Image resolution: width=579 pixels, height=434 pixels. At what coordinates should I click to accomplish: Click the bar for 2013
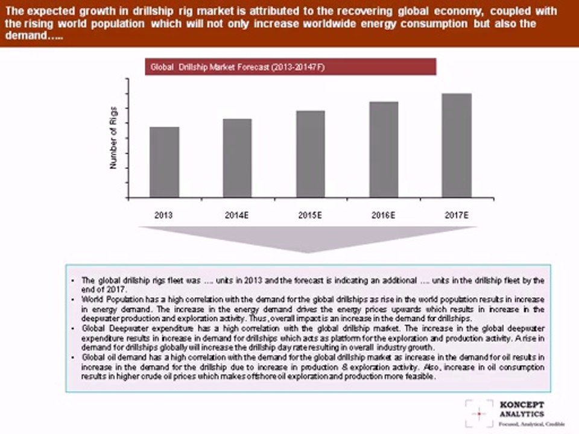164,162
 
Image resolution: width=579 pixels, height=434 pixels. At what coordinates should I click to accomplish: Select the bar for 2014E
237,158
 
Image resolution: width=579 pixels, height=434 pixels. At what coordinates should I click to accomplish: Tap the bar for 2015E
311,154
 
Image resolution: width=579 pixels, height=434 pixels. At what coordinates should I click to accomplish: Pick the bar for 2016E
384,149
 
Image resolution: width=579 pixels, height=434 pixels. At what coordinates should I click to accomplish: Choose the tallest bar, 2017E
457,145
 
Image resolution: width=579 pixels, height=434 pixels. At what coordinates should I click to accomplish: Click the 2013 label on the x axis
164,215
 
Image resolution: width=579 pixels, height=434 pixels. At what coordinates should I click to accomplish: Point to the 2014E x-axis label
237,215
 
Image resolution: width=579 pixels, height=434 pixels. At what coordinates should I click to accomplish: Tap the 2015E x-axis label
311,215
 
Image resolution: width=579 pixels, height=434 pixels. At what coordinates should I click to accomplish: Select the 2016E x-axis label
384,215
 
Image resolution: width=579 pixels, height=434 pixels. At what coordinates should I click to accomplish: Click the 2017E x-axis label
457,215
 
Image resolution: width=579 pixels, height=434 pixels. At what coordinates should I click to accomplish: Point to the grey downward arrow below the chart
308,239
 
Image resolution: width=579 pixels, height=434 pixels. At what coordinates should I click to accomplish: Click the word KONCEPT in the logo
521,404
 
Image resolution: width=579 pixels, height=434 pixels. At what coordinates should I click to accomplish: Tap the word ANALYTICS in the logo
521,414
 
